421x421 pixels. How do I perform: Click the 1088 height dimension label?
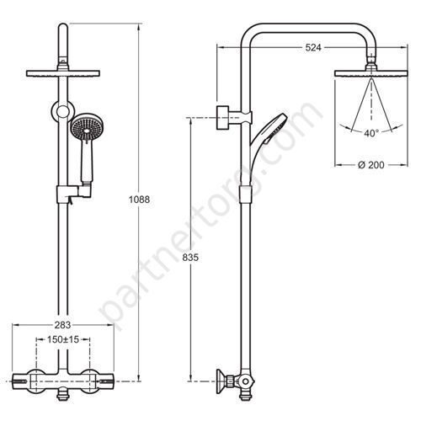tap(139, 200)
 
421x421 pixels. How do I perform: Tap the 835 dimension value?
tap(190, 257)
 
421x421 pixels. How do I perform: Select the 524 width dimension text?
tap(313, 48)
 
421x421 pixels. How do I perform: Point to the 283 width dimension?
tap(62, 325)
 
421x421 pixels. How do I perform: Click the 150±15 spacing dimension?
tap(63, 339)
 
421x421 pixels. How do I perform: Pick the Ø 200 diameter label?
tap(371, 165)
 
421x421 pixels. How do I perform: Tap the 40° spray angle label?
tap(371, 133)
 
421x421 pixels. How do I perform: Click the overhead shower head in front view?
tap(63, 73)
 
